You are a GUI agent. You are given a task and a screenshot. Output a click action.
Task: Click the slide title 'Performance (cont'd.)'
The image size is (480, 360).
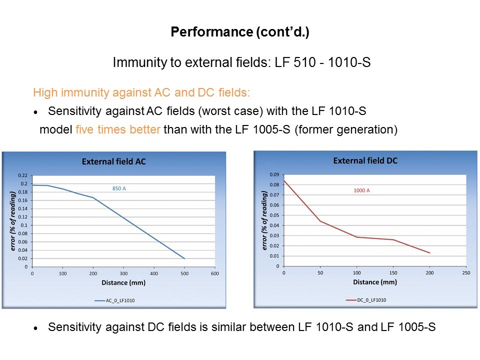pyautogui.click(x=239, y=32)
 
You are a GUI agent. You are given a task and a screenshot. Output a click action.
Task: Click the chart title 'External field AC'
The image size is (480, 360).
pyautogui.click(x=114, y=161)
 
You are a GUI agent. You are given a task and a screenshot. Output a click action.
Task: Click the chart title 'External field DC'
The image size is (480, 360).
pyautogui.click(x=365, y=160)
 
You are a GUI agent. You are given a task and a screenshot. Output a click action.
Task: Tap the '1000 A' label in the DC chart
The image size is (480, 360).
pyautogui.click(x=361, y=190)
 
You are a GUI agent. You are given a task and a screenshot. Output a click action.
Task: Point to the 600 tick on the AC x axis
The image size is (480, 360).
pyautogui.click(x=215, y=273)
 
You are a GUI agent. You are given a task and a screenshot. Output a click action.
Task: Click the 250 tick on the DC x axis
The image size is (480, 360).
pyautogui.click(x=466, y=273)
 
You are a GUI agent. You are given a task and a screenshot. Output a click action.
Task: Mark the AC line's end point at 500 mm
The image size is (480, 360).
pyautogui.click(x=184, y=258)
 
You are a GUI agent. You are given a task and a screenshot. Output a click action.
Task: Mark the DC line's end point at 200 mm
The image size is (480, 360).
pyautogui.click(x=429, y=253)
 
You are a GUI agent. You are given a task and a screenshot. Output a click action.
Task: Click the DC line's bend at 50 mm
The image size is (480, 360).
pyautogui.click(x=320, y=221)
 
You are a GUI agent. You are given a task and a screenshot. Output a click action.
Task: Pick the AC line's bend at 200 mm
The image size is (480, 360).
pyautogui.click(x=93, y=197)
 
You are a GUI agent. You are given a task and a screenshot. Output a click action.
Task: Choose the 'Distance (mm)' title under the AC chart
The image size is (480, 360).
pyautogui.click(x=123, y=282)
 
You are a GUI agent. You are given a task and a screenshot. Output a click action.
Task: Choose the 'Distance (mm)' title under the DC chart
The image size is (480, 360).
pyautogui.click(x=374, y=282)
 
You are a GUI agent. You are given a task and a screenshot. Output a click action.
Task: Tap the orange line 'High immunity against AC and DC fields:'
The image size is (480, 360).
pyautogui.click(x=141, y=92)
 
